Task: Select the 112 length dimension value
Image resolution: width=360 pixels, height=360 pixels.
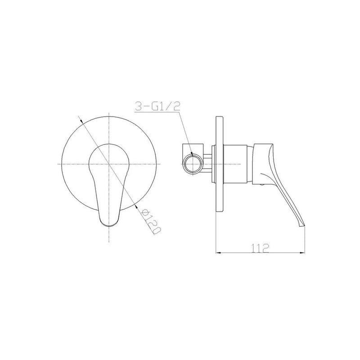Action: tap(260, 248)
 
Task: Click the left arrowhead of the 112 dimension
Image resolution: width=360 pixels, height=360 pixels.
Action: tap(218, 253)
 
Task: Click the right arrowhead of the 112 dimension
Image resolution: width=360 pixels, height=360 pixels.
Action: tap(302, 253)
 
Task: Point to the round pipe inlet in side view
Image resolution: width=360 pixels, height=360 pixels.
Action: tap(193, 164)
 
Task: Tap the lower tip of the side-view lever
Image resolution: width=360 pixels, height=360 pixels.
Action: tap(302, 227)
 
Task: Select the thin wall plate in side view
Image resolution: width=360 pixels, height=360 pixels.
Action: tap(219, 164)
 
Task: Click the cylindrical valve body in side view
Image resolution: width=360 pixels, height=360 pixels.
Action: tap(235, 164)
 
